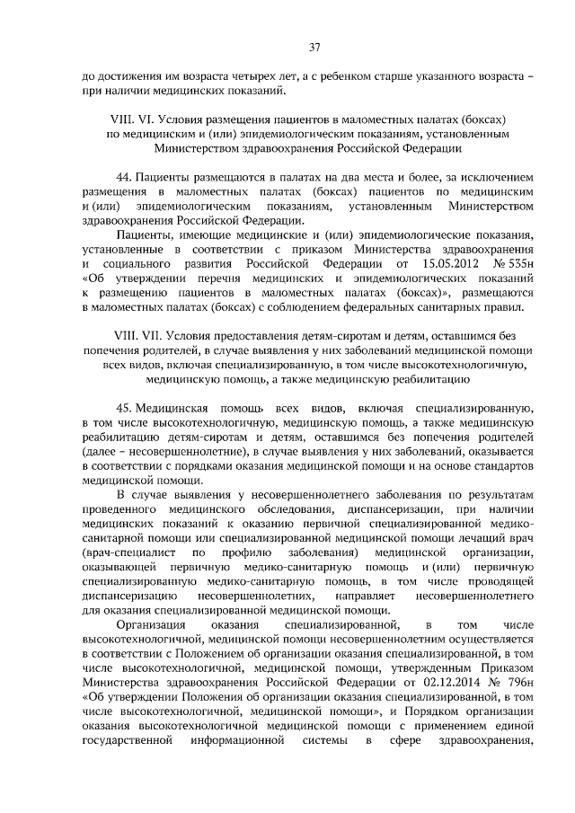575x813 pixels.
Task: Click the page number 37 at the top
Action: tap(314, 47)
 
